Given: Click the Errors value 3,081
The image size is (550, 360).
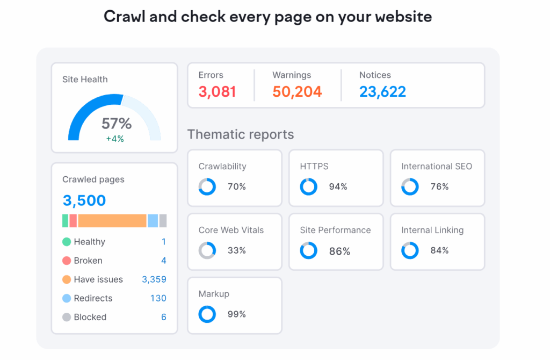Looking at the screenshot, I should pos(217,92).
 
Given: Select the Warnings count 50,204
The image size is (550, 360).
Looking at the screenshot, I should pos(297,92).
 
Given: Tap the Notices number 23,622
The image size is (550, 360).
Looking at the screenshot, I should pos(382,92).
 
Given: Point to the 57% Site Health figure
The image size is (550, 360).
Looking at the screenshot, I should pos(117,124).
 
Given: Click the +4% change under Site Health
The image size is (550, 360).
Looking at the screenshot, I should pos(114,139).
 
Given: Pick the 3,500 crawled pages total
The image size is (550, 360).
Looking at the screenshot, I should pos(84,200).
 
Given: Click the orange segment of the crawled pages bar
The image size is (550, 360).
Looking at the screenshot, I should pos(112,221).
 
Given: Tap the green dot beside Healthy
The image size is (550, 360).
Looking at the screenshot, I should pos(67,242).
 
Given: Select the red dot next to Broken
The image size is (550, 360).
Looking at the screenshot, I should pos(67,261).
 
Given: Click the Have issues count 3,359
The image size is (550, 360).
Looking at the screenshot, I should pos(154,279).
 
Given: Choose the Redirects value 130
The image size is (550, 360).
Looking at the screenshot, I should pos(158,298).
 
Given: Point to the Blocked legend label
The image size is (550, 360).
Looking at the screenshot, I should pos(90,317).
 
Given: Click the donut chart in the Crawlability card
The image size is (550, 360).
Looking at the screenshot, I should pos(207,187).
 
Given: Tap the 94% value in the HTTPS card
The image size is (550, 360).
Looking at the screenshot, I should pos(338,187).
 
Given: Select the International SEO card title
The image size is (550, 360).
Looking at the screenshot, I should pos(437,167).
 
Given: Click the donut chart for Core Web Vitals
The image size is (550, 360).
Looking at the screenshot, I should pos(207,250).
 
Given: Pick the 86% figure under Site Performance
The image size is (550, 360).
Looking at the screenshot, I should pos(339,251).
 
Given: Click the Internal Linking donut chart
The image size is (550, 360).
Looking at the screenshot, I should pos(410,250).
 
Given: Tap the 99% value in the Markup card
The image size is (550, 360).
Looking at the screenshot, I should pos(237,314).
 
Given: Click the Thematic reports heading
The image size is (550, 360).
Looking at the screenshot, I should pos(241,134).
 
